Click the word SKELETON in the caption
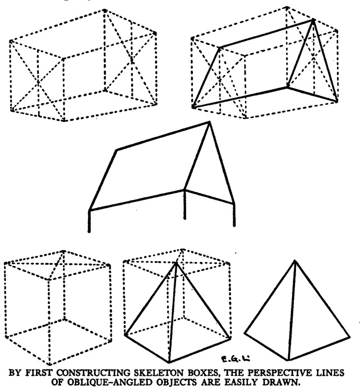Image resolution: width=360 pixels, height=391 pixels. tap(156, 373)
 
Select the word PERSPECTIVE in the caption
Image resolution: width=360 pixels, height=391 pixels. tap(282, 373)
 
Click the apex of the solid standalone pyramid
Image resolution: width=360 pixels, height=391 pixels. tap(295, 261)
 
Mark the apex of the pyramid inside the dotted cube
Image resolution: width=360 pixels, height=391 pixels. tap(176, 263)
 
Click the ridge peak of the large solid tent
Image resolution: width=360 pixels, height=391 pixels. tap(209, 122)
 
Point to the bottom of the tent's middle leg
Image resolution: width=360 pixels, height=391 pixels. tap(184, 218)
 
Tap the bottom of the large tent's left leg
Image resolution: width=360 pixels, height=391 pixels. tap(89, 232)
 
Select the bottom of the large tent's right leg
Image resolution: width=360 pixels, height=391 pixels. tap(234, 226)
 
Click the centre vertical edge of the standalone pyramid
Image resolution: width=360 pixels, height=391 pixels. tap(292, 310)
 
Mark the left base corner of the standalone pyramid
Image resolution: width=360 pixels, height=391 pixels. tap(245, 333)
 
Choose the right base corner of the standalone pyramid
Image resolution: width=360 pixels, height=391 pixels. tap(349, 337)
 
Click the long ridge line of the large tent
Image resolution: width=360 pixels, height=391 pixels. tap(163, 136)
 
